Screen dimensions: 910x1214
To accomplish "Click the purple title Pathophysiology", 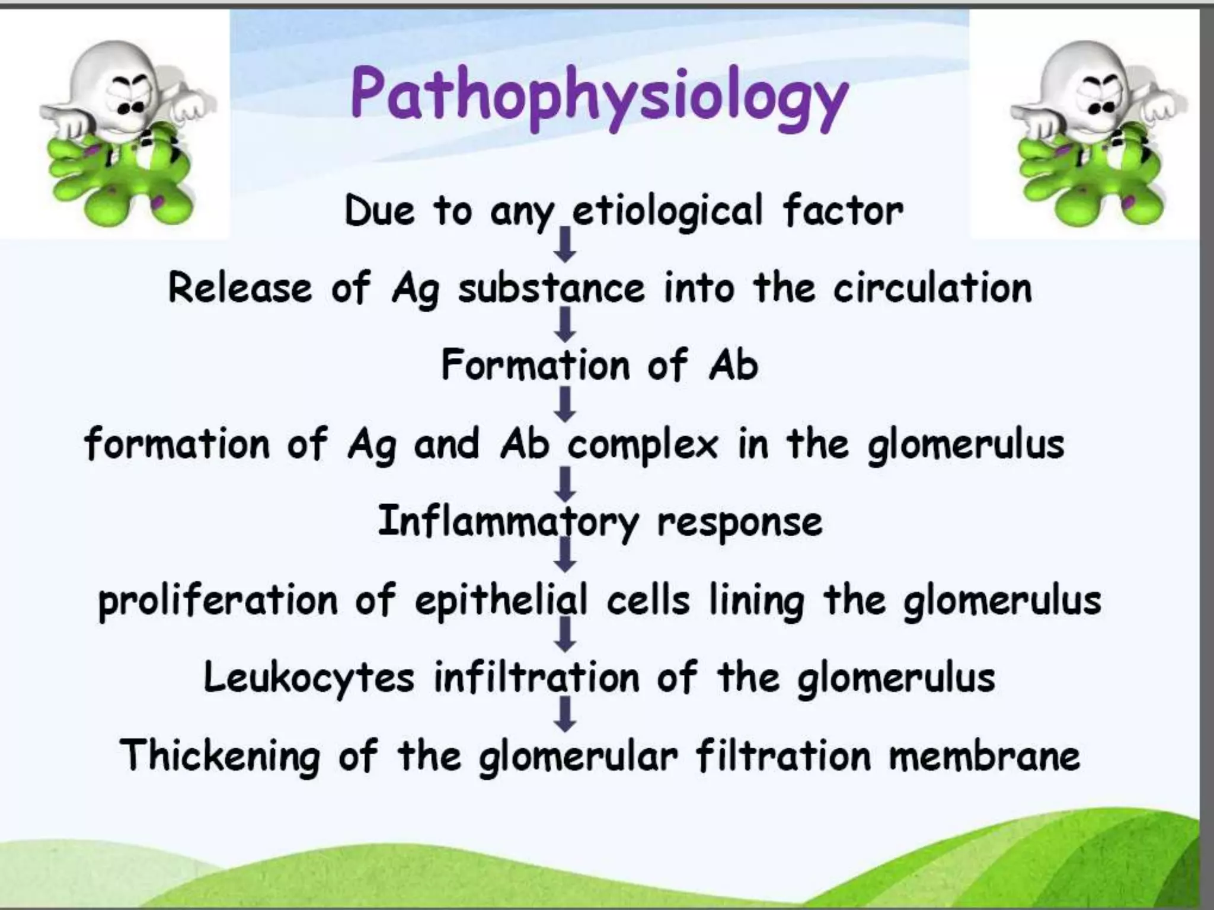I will coord(599,98).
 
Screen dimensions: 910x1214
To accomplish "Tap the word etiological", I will coord(667,211).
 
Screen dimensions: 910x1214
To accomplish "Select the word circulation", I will coord(932,289).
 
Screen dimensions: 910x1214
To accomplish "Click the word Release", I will coord(240,289).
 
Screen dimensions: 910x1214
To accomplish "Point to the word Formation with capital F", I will coord(535,365).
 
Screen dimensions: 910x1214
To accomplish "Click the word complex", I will coord(643,445).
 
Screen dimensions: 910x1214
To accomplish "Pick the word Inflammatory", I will coord(508,523).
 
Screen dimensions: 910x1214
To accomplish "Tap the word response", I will coord(740,523).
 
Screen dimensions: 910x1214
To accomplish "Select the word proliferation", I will coord(218,601).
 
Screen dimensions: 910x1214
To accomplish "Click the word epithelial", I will coord(501,601).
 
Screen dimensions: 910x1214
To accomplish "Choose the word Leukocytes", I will coord(309,678).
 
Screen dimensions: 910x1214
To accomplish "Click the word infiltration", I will coord(536,678).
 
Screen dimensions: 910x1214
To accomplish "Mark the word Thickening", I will coord(220,757).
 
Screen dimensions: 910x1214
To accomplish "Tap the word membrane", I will coord(984,757).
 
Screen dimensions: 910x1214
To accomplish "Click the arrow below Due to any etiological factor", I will coord(566,245).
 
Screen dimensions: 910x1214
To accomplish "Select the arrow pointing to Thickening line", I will coord(566,714).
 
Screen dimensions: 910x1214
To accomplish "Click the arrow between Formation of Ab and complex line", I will coord(566,404).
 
